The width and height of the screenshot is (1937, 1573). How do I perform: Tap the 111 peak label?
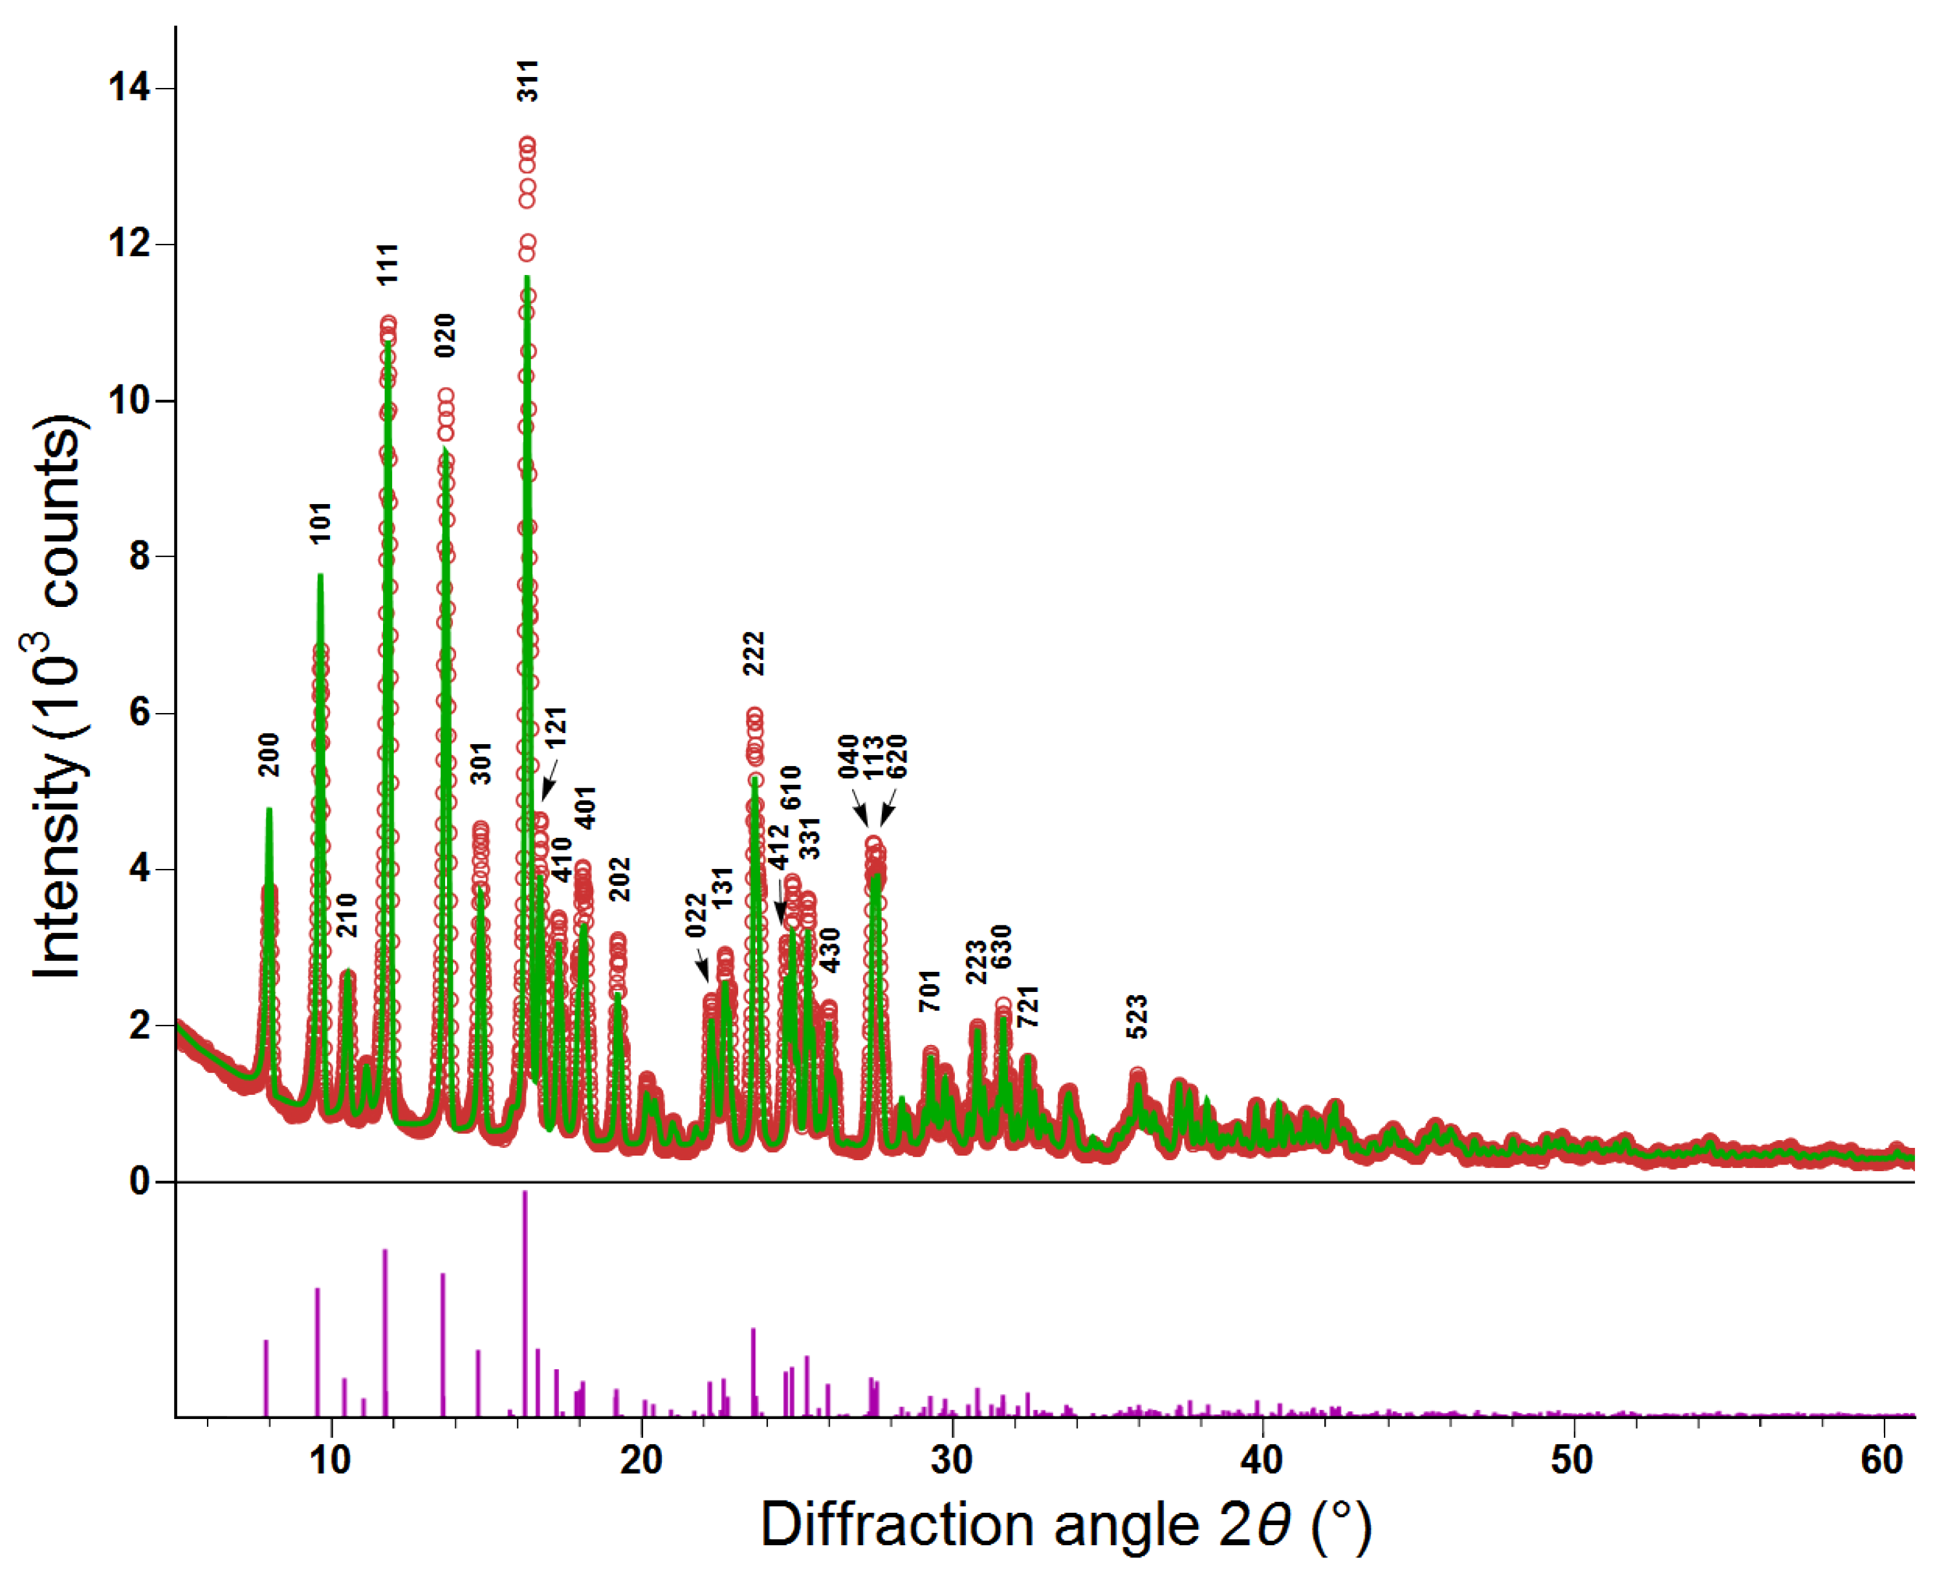tap(388, 265)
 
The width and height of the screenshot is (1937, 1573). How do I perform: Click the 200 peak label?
tap(269, 754)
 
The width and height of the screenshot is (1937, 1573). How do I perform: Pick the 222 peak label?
tap(754, 654)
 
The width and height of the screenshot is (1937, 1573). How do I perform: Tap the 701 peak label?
tap(930, 991)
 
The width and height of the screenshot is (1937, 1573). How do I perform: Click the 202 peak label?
tap(618, 879)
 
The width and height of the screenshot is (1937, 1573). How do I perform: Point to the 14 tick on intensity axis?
tap(129, 88)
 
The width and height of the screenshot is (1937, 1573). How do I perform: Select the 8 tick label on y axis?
tap(138, 556)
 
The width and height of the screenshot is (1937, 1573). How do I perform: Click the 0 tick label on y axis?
tap(138, 1182)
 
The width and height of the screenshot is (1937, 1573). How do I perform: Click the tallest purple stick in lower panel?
tap(525, 1304)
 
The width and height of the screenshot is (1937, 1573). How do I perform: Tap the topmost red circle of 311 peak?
tap(527, 144)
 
